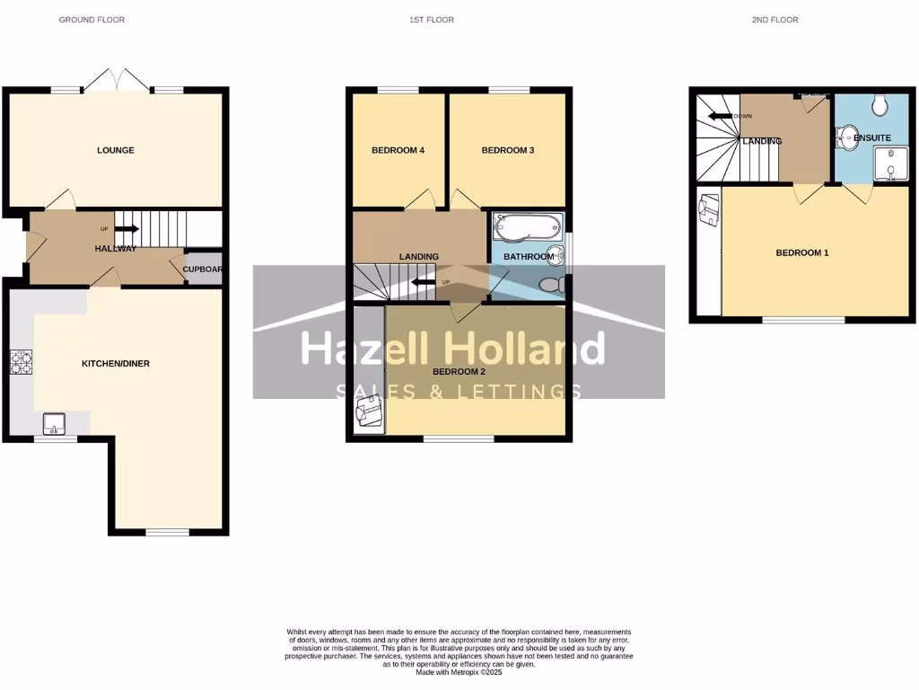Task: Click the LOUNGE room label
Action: (116, 150)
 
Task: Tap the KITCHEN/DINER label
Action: (116, 364)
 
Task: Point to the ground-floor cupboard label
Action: (203, 269)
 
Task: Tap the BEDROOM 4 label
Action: (398, 150)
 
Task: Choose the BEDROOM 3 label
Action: (508, 150)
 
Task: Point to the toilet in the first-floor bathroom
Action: (551, 285)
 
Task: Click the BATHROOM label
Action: (529, 257)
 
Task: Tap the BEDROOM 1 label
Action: (802, 253)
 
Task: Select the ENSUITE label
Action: (871, 138)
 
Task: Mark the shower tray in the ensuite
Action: (889, 164)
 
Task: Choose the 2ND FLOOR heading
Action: (775, 20)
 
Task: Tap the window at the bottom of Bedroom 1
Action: (803, 320)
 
